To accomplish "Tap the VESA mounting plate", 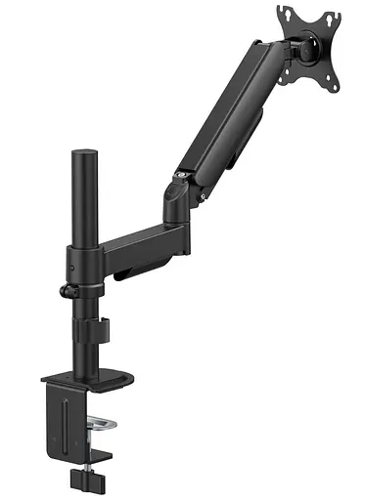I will (311, 45).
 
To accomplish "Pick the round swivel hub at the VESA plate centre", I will (309, 44).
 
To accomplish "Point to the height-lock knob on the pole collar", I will (67, 292).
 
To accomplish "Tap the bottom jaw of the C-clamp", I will (93, 436).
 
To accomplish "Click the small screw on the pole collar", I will (71, 264).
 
